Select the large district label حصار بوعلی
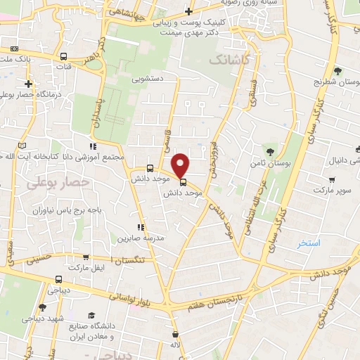(58, 182)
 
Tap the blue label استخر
(309, 243)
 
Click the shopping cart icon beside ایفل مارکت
(86, 258)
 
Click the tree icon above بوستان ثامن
(271, 151)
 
